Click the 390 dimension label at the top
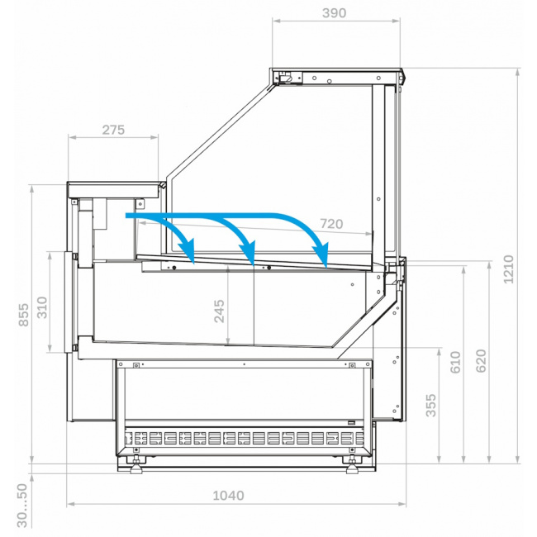click(x=334, y=13)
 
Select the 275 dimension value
click(x=113, y=131)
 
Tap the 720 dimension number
click(x=331, y=224)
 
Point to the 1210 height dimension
click(x=508, y=269)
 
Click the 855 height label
click(x=24, y=315)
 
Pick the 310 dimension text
click(x=42, y=307)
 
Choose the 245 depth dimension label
click(x=219, y=311)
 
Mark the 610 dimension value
click(x=455, y=362)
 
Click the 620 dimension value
click(x=481, y=361)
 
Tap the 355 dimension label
click(x=430, y=405)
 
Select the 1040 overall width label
click(x=228, y=496)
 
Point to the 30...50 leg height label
click(x=22, y=506)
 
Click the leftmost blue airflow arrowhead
click(x=188, y=250)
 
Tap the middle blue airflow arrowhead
click(x=249, y=252)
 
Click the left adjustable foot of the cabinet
click(x=136, y=467)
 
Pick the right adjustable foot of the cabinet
click(x=353, y=467)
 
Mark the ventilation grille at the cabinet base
click(x=244, y=439)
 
